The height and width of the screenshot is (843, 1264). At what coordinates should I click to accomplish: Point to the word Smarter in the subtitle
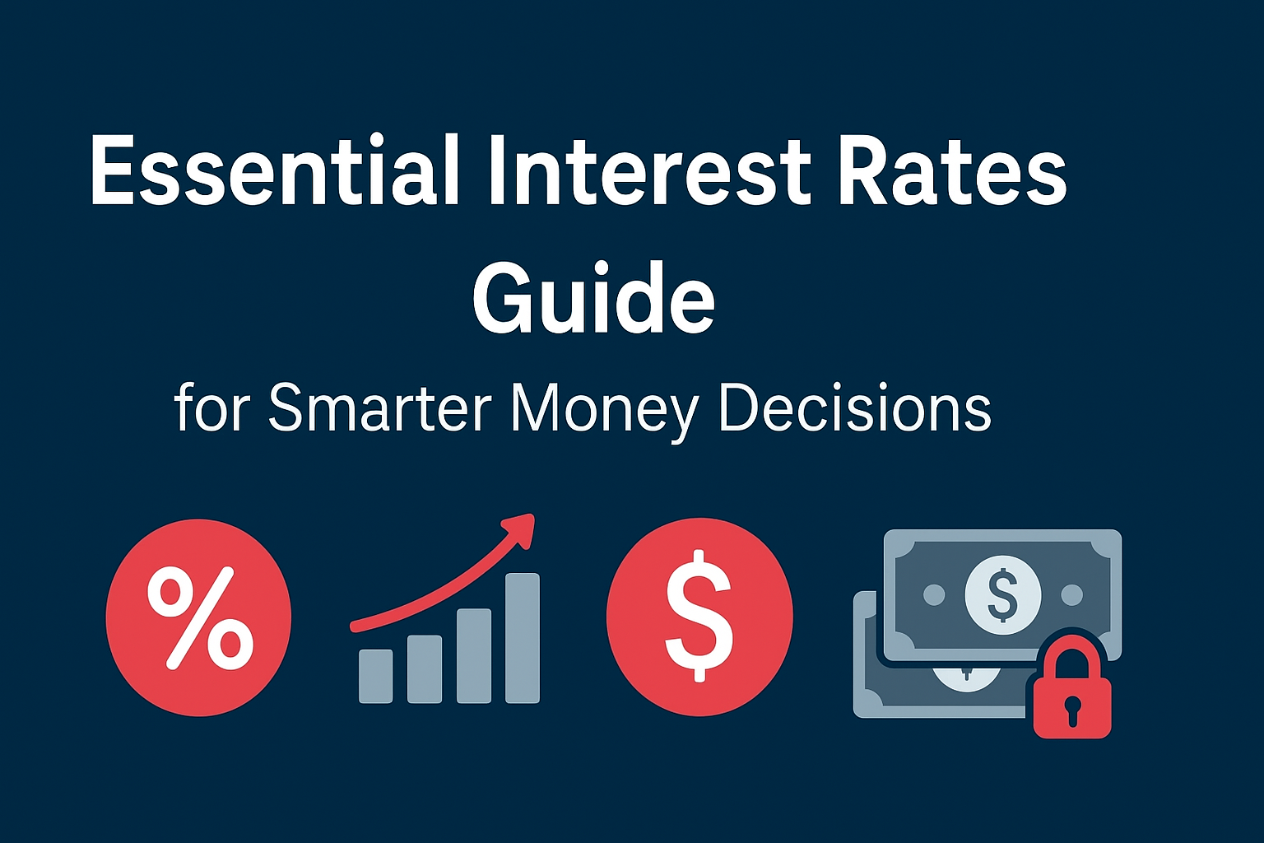click(x=379, y=408)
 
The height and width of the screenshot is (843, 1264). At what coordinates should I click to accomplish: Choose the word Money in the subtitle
click(x=604, y=410)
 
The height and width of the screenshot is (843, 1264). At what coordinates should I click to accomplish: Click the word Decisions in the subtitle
click(x=855, y=408)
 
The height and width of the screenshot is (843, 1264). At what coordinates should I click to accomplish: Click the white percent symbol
click(x=200, y=617)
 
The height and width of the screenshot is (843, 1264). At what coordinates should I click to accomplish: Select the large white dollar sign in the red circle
click(x=699, y=616)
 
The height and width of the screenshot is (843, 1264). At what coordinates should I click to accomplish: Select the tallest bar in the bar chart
click(x=522, y=638)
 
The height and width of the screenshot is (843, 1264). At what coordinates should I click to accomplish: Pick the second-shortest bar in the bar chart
click(x=425, y=668)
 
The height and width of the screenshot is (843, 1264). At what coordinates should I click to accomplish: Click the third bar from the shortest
click(x=473, y=655)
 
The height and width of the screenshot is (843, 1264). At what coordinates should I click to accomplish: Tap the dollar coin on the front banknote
click(x=1002, y=594)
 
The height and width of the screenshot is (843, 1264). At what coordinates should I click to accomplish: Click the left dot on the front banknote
click(x=934, y=594)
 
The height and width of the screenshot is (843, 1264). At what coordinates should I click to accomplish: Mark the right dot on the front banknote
click(x=1071, y=594)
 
